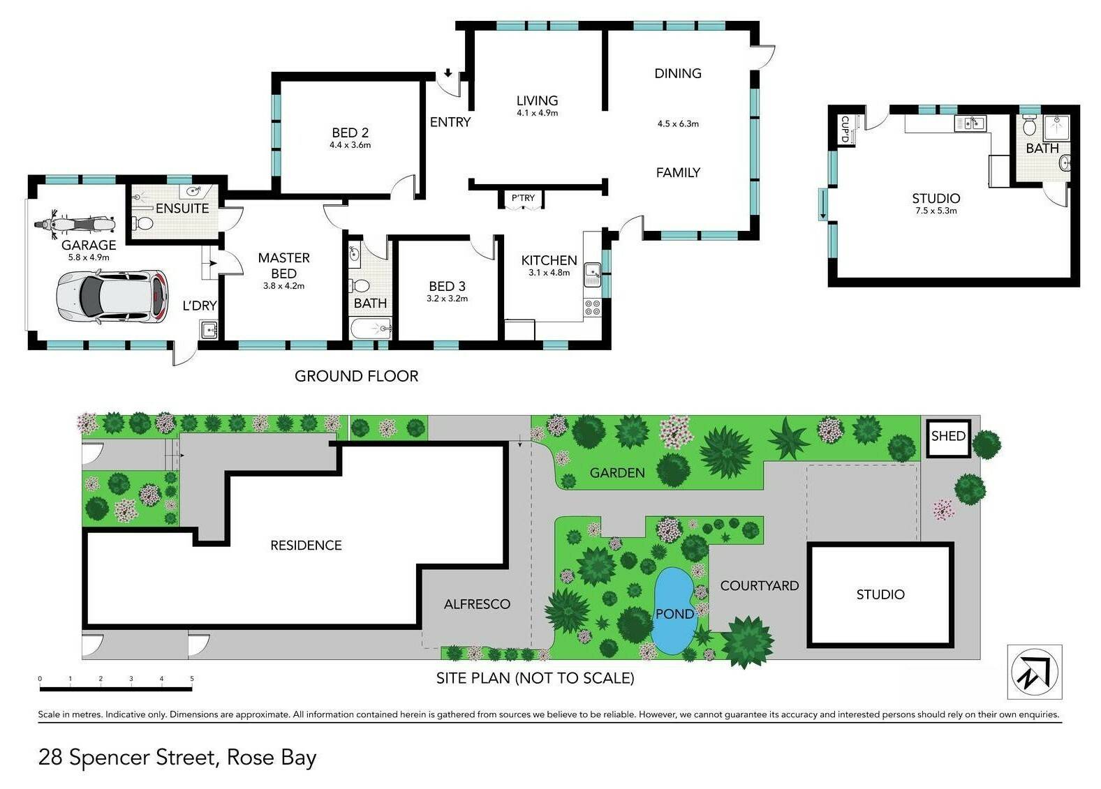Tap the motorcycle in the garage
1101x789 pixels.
click(75, 224)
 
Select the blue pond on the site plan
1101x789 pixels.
click(673, 611)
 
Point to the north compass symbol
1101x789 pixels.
click(1034, 672)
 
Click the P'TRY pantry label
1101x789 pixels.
click(522, 197)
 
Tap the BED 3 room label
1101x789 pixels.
click(447, 286)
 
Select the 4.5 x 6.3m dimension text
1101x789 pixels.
click(678, 123)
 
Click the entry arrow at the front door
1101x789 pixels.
click(448, 73)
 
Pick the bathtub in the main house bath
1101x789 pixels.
click(371, 328)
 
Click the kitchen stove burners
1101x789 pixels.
click(592, 308)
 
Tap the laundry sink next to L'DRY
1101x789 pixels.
click(209, 330)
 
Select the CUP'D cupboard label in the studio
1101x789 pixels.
click(845, 129)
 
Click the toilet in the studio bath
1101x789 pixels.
click(1029, 125)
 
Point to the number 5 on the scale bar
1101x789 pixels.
click(192, 679)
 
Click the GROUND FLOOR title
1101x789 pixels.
click(356, 376)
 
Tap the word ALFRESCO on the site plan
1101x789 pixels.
click(477, 604)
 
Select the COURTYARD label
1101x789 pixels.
click(760, 585)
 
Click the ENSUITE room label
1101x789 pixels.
click(182, 209)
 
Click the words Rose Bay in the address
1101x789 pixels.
click(272, 757)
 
